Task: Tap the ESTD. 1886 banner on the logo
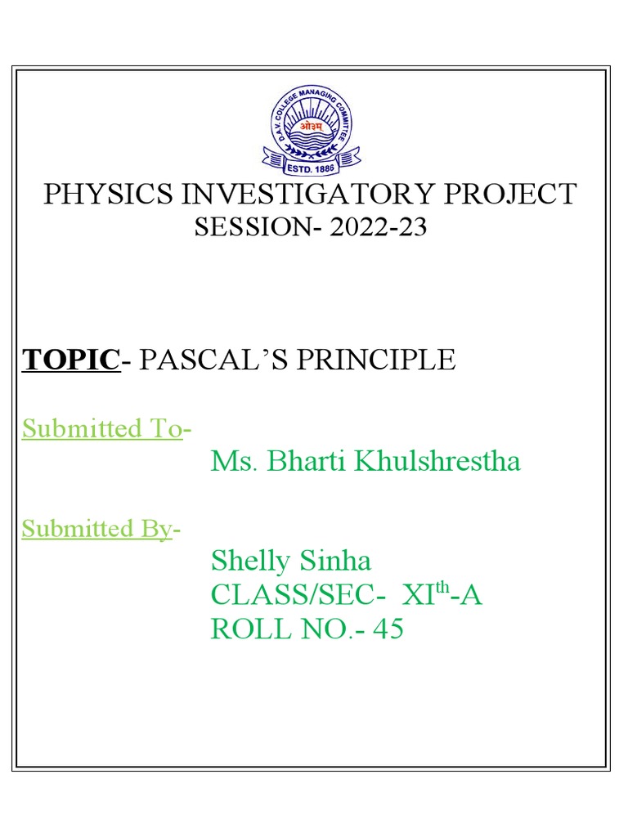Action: click(310, 168)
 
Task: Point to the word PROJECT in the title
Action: click(514, 195)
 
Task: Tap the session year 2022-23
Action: click(379, 227)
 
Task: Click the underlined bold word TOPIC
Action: click(70, 360)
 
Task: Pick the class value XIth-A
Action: click(442, 595)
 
